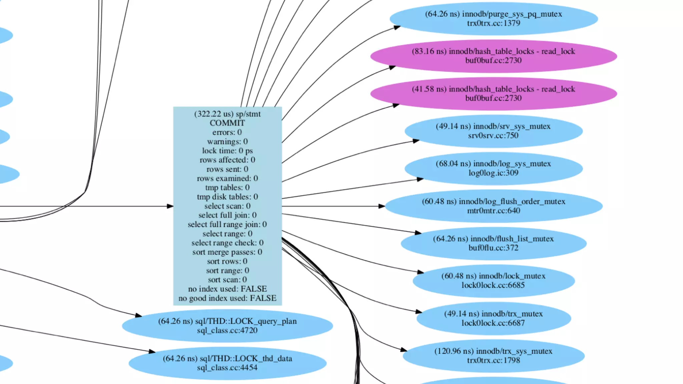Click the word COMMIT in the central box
pos(227,123)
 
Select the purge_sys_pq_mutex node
pos(493,18)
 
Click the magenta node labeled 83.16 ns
pos(493,56)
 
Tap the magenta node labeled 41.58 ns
pos(493,93)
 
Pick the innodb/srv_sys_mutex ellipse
pos(493,131)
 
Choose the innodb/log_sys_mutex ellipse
pos(493,168)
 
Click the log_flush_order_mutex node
pos(493,205)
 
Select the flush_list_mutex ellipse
pos(493,243)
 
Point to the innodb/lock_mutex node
pos(493,280)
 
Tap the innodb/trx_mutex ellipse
pos(493,318)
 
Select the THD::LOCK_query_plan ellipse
pos(227,325)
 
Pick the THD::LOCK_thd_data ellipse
pos(227,363)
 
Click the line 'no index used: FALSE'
pos(227,289)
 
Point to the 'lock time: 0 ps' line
pos(227,151)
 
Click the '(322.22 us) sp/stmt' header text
pos(227,114)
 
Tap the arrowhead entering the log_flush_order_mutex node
pos(382,206)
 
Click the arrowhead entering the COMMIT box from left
pos(170,206)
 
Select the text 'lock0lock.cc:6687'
pos(493,323)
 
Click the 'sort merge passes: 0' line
pos(227,252)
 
